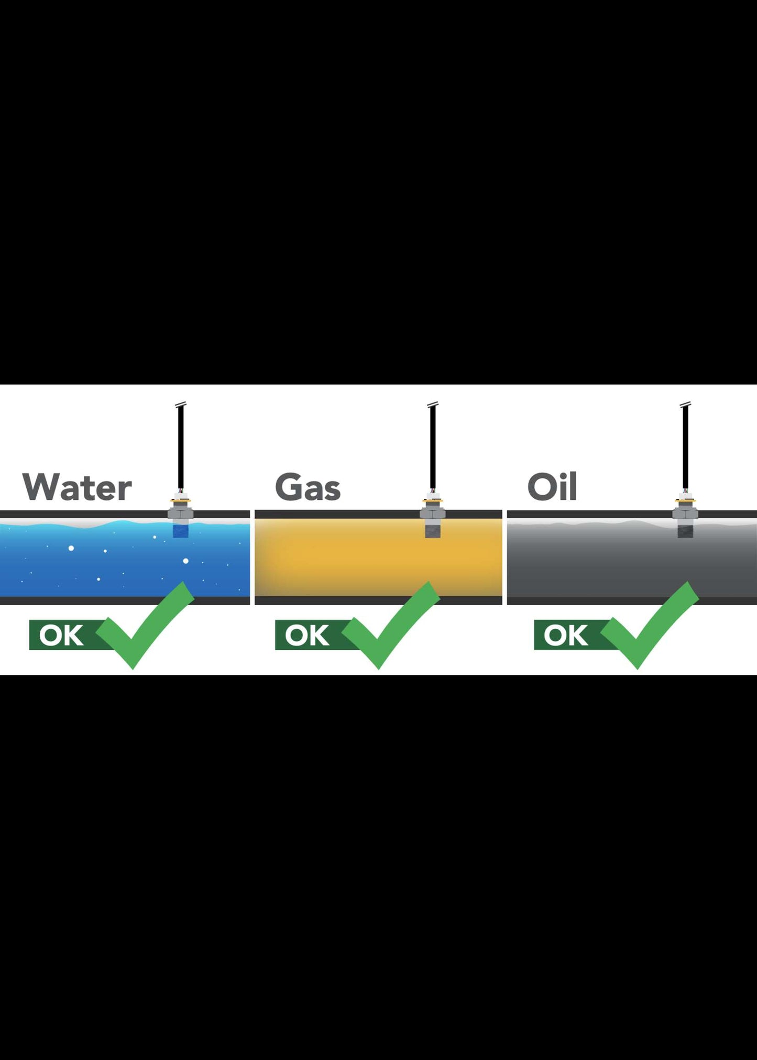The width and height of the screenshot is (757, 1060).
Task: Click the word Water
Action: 77,487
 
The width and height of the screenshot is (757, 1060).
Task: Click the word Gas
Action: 308,487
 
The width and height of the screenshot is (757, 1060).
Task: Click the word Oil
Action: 552,487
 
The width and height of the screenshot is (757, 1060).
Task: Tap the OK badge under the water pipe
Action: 62,635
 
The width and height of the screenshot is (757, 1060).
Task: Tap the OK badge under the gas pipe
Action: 308,635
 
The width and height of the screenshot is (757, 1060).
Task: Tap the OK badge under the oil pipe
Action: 566,635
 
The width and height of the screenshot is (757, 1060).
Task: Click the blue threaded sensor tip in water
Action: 180,530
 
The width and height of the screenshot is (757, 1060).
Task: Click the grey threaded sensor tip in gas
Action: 433,530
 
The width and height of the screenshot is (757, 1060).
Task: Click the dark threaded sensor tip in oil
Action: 685,530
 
